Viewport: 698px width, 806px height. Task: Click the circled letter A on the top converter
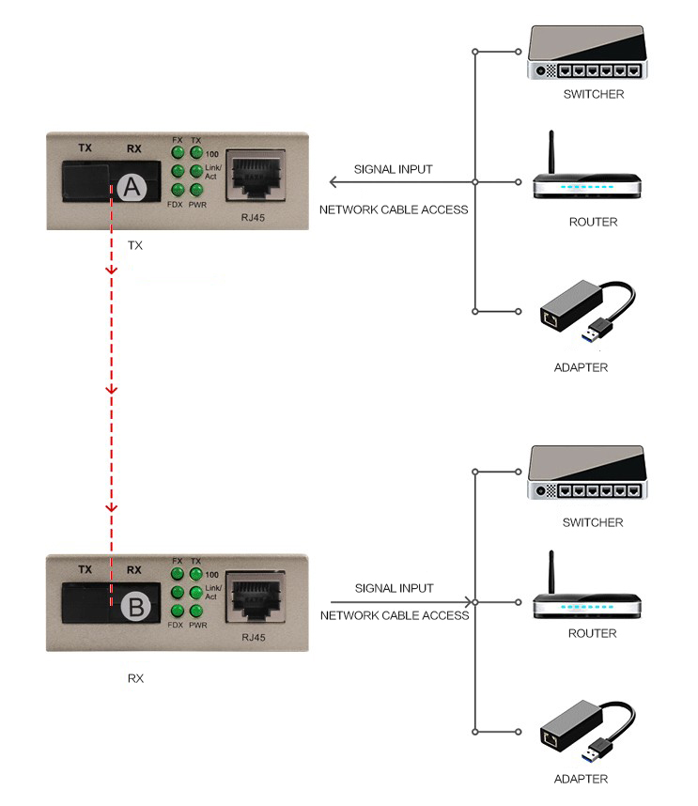click(x=132, y=188)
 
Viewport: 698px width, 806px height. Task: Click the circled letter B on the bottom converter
click(x=136, y=607)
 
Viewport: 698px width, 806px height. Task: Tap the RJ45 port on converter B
click(x=256, y=597)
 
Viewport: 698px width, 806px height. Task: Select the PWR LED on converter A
click(x=195, y=190)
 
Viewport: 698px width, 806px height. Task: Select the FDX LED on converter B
click(x=178, y=611)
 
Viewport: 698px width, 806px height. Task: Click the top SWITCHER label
click(x=594, y=95)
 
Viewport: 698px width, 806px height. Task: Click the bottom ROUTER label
click(x=592, y=633)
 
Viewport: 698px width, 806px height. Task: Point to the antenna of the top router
click(x=551, y=152)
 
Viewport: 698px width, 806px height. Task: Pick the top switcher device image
click(x=587, y=53)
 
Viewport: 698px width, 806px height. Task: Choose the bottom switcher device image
click(x=587, y=473)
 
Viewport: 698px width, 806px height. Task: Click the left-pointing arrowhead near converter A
click(x=333, y=182)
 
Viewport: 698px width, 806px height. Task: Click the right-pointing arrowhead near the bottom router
click(x=468, y=602)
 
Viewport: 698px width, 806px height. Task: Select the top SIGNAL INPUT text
click(x=394, y=170)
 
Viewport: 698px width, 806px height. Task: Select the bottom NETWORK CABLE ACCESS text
click(x=395, y=616)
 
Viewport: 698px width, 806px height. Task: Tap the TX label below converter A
click(x=135, y=246)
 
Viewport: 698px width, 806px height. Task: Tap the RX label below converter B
click(x=135, y=678)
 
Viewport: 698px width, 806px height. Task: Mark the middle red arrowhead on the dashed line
click(x=112, y=390)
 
